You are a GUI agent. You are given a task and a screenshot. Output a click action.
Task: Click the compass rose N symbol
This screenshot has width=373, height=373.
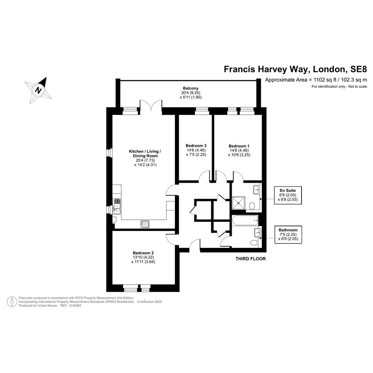tap(38, 90)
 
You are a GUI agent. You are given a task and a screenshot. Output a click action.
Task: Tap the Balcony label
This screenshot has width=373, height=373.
tap(191, 88)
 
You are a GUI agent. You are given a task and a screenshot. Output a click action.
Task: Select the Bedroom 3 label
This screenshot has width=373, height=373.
tap(196, 146)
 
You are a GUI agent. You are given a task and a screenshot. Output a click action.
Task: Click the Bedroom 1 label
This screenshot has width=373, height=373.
tap(239, 146)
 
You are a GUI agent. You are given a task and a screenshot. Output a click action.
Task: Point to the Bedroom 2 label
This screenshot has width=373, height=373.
tap(143, 253)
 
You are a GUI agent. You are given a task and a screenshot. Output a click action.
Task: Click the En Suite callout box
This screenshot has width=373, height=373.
tap(288, 195)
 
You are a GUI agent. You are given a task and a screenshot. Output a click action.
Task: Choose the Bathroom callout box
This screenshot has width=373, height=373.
tap(288, 234)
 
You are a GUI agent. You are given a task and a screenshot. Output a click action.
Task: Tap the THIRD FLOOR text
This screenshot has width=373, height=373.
tap(251, 259)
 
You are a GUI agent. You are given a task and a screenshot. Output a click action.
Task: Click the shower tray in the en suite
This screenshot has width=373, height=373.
tap(238, 202)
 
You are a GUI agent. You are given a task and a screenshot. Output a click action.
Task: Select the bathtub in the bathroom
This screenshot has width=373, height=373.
tap(245, 221)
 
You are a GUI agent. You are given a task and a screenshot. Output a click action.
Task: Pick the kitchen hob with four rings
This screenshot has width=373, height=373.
tap(145, 224)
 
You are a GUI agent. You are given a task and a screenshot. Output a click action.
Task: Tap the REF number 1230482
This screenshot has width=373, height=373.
tap(75, 306)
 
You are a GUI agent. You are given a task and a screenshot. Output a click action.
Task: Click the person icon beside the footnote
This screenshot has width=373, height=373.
tap(12, 302)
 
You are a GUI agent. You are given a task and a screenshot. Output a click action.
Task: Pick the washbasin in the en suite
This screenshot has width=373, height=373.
tap(257, 189)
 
